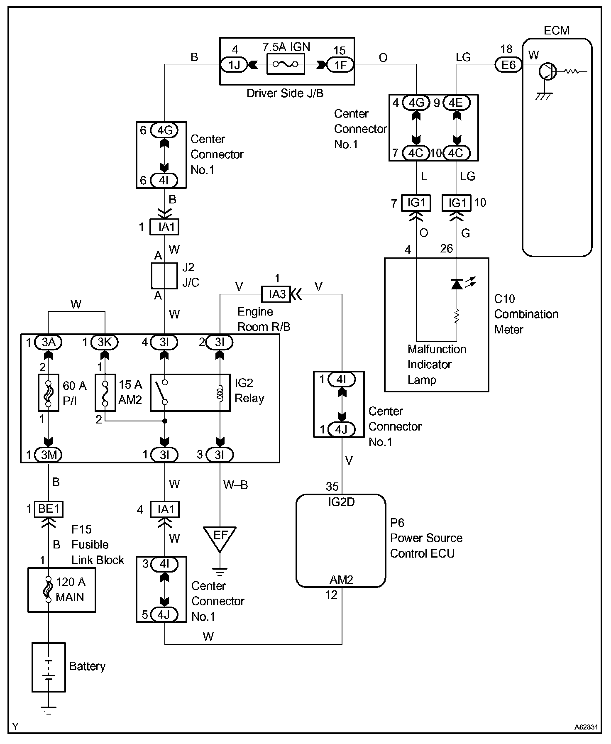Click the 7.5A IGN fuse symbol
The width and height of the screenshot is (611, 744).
coord(286,64)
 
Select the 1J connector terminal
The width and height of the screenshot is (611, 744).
coord(234,64)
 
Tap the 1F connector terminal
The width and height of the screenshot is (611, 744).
coord(340,64)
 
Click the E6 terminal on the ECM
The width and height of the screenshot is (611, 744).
coord(508,64)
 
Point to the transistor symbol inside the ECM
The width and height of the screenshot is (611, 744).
coord(547,72)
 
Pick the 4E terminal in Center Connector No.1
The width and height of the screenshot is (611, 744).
coord(457,103)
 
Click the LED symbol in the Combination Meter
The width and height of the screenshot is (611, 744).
coord(457,284)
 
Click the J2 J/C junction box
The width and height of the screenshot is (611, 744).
coord(165,275)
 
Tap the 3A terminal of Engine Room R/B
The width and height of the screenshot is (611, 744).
coord(49,342)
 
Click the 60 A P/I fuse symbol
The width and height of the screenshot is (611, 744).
coord(49,392)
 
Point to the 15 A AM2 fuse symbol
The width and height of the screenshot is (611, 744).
coord(105,392)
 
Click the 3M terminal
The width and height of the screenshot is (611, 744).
coord(49,455)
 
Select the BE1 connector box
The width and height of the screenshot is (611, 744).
coord(49,509)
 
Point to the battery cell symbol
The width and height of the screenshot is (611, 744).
coord(49,669)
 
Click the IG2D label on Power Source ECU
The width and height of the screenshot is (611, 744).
coord(341,502)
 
